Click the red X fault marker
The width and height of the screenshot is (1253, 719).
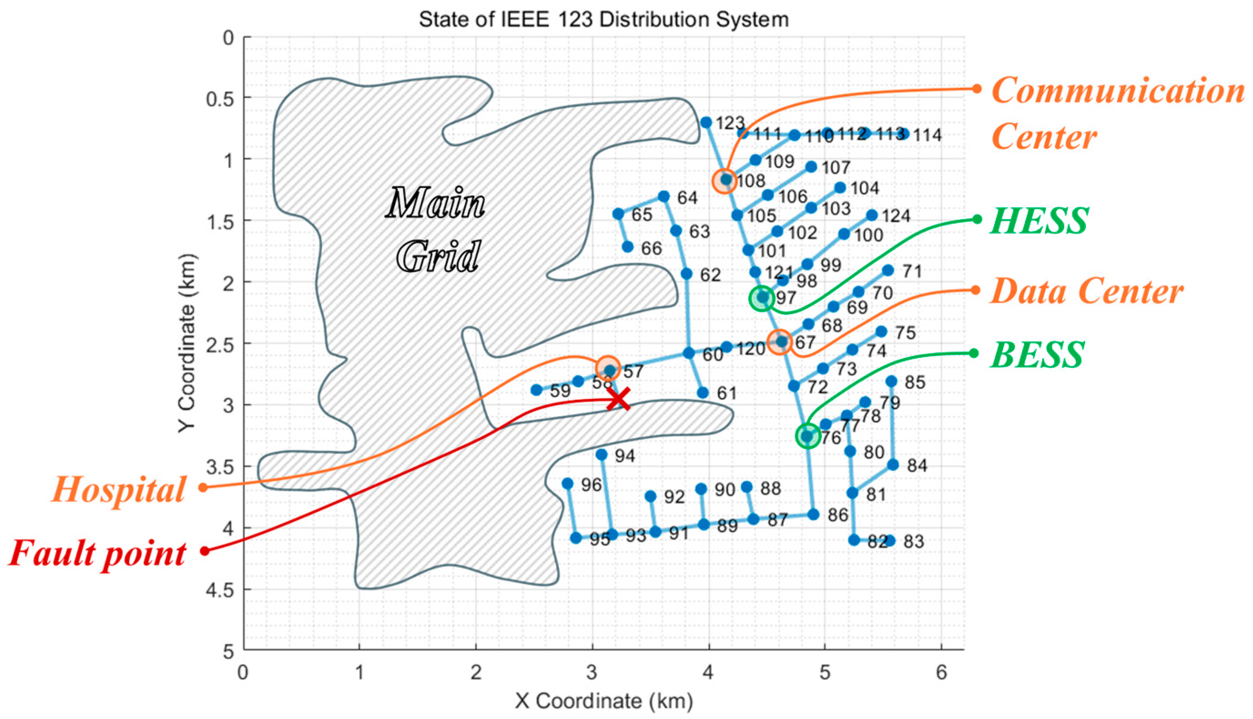(x=618, y=399)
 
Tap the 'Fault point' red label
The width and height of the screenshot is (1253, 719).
(x=97, y=553)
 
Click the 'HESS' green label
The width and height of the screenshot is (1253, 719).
(x=1039, y=220)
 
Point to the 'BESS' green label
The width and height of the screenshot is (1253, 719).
(x=1037, y=355)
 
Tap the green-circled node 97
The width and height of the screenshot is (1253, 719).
(x=762, y=298)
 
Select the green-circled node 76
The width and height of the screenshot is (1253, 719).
(x=807, y=436)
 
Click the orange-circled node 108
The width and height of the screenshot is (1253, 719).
(x=725, y=180)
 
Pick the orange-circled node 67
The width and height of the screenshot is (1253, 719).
(x=780, y=341)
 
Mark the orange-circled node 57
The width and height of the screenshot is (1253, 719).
(x=609, y=368)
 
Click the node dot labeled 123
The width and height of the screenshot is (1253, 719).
(x=706, y=122)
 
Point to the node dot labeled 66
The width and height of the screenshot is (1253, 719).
(x=628, y=246)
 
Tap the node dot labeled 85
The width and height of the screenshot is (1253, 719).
(x=891, y=381)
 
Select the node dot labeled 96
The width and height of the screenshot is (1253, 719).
(x=568, y=483)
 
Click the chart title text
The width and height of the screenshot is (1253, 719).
(x=604, y=20)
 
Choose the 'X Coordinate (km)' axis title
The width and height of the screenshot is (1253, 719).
(x=604, y=701)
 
